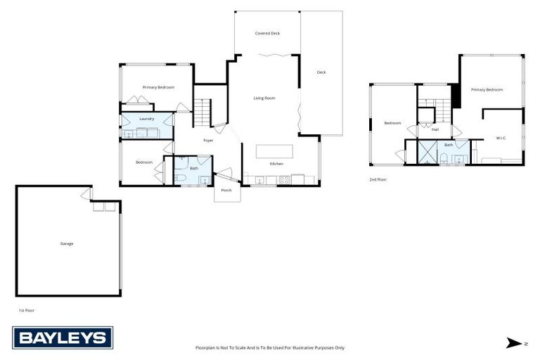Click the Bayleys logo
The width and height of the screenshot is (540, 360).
[63, 337]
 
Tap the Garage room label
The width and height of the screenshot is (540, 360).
[67, 243]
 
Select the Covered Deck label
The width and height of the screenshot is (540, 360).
[267, 33]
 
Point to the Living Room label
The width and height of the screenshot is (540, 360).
[264, 98]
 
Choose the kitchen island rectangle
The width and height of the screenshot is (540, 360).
[274, 151]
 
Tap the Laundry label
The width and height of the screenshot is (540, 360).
[146, 119]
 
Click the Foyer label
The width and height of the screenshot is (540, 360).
[208, 141]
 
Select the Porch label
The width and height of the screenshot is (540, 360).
[226, 190]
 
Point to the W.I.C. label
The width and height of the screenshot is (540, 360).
[501, 138]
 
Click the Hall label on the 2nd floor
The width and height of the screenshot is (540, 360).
[435, 129]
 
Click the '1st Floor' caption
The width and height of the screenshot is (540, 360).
[26, 309]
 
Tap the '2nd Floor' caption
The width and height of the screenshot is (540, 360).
[378, 180]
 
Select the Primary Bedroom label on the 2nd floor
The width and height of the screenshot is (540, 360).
[487, 89]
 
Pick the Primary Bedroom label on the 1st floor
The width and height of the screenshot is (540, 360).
[158, 87]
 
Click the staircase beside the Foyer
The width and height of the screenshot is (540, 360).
[202, 112]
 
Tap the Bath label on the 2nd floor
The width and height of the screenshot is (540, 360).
[449, 145]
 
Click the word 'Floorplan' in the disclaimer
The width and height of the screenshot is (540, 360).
[206, 347]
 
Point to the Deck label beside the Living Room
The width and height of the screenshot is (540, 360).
[321, 72]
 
